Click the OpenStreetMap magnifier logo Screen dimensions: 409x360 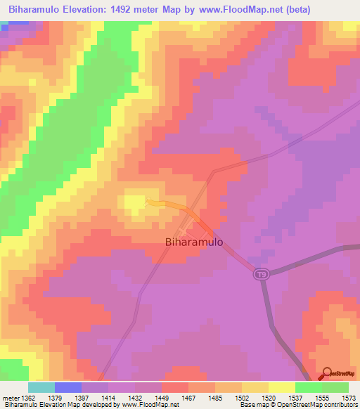[327, 372]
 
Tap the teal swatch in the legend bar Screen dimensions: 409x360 [41, 387]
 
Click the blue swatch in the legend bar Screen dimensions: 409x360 [68, 387]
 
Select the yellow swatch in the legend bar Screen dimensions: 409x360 [282, 387]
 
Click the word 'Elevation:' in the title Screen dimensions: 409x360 [89, 8]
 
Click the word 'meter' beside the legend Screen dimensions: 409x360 [12, 398]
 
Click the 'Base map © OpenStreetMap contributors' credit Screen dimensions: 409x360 [298, 405]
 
